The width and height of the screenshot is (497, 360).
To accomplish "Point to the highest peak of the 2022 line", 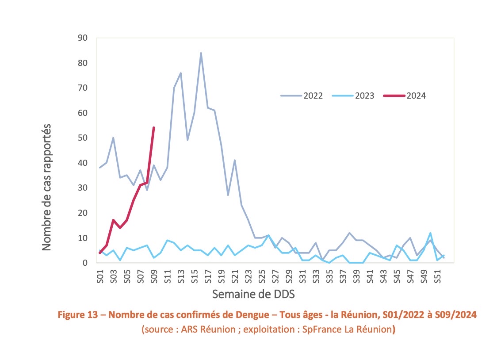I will point(201,53).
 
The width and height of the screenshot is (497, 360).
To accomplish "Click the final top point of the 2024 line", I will point(153,128).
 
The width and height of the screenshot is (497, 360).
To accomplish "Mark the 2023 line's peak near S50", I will point(430,233).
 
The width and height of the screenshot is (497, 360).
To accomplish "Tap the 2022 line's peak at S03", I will point(113,138).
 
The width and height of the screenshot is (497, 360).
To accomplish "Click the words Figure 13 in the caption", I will point(80,315).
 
